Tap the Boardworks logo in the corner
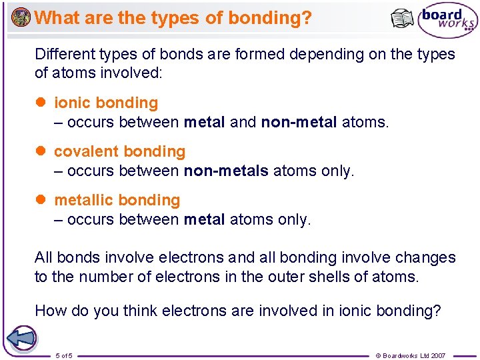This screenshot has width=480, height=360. (447, 21)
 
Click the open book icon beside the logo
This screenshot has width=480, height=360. (402, 19)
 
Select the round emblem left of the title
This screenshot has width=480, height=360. (21, 17)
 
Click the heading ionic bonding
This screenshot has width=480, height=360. (106, 103)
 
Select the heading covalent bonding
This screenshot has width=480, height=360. (119, 151)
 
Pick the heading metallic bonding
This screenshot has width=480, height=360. (117, 200)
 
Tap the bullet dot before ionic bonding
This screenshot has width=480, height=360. (40, 103)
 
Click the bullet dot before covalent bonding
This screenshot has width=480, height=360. (40, 151)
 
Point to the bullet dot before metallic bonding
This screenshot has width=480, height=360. (40, 200)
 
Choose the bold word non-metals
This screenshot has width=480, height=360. (226, 171)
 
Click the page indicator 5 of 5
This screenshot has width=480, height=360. (64, 355)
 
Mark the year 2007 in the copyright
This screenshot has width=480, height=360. (437, 355)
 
